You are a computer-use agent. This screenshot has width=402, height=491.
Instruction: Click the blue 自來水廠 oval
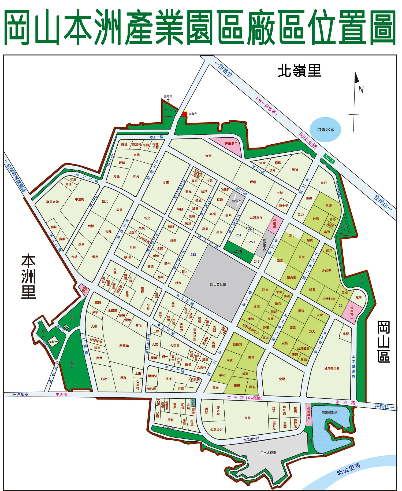[x=325, y=130]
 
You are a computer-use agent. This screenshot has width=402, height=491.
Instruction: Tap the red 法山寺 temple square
[x=184, y=114]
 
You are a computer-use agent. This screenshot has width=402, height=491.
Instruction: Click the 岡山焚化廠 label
[x=218, y=284]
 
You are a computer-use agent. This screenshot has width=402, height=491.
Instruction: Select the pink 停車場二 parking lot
[x=231, y=144]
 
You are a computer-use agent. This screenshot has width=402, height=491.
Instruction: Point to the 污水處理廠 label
[x=268, y=453]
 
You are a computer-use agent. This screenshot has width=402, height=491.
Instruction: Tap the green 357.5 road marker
[x=329, y=159]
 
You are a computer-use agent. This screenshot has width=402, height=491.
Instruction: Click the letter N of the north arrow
[x=361, y=89]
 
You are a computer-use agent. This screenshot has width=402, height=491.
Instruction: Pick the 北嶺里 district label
[x=299, y=71]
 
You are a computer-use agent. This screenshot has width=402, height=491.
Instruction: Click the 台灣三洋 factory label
[x=256, y=218]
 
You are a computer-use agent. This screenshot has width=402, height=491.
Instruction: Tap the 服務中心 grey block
[x=265, y=244]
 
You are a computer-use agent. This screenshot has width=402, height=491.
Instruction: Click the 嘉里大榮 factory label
[x=52, y=202]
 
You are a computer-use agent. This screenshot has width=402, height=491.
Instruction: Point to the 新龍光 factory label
[x=124, y=346]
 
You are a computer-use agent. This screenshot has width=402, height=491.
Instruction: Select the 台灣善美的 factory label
[x=332, y=368]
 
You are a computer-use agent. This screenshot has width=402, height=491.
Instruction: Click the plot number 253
[x=193, y=255]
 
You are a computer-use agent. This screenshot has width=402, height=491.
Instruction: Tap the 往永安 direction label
[x=21, y=394]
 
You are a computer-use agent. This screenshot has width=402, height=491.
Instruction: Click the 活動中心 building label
[x=54, y=342]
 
